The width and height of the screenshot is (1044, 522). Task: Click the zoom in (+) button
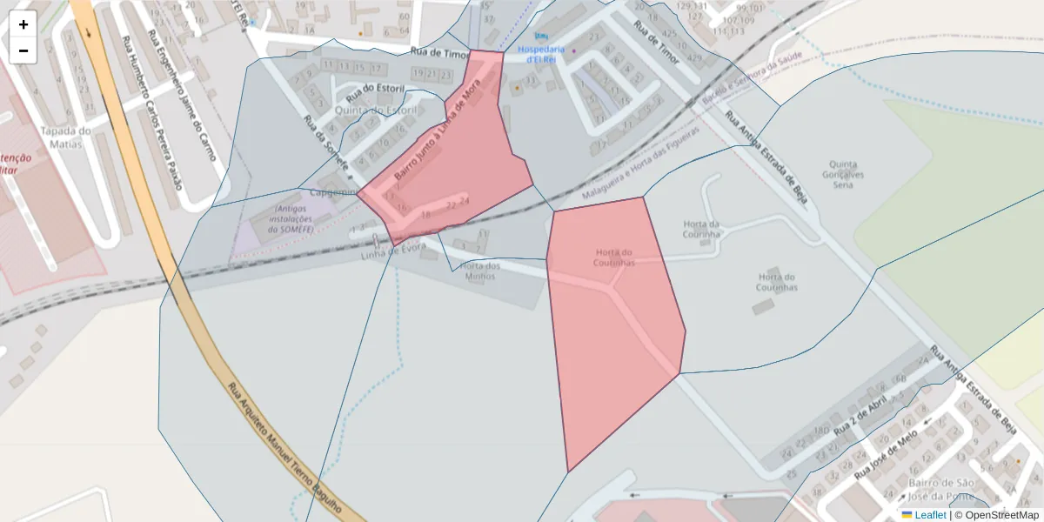tap(23, 24)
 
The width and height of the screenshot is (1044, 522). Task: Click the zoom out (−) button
tap(23, 50)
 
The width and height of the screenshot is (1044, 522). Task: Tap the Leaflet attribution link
tap(930, 515)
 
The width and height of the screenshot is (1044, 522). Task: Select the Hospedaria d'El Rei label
tap(541, 53)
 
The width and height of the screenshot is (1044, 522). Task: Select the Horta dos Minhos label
tap(480, 271)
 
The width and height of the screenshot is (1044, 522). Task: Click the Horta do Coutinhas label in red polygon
tap(614, 258)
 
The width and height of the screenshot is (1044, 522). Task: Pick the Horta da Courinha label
tap(702, 229)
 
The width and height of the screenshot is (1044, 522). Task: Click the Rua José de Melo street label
tap(886, 456)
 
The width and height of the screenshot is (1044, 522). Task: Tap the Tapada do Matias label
tap(65, 137)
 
